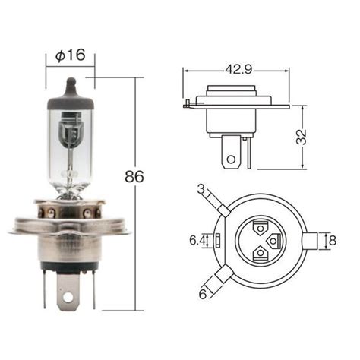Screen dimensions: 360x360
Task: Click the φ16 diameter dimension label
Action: coord(71,55)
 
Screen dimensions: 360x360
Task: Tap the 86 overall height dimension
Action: coord(134,176)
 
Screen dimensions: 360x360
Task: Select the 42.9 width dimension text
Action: coord(238,69)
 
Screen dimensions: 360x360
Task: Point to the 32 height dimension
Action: coord(302,137)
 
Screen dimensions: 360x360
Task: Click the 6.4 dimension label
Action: coord(198,240)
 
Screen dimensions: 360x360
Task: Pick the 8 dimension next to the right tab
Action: coord(333,240)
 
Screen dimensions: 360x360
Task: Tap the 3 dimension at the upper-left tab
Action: coord(201,188)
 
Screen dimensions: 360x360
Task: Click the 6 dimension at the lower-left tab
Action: coord(203,294)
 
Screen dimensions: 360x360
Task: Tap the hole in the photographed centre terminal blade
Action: coord(68,298)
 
